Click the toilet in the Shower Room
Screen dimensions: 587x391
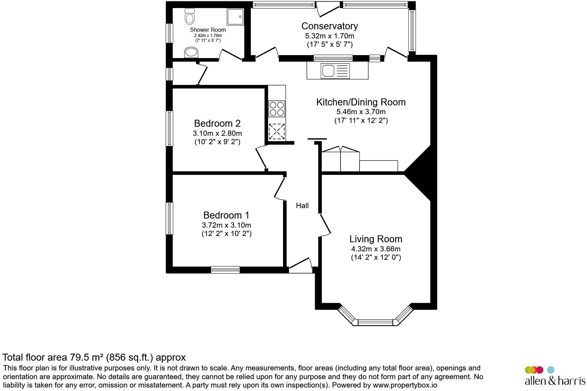point(190,16)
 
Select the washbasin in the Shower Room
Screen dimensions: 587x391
point(191,52)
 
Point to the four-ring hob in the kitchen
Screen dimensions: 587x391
point(277,108)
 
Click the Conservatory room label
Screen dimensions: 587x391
point(329,26)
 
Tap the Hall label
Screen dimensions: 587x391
point(302,206)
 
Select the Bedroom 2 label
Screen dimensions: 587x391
point(217,123)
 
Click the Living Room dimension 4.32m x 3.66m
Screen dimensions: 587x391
point(376,249)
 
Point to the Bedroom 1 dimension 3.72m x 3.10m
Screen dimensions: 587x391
point(226,225)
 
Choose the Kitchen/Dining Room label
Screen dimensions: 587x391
point(361,102)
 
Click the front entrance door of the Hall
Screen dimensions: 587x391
point(300,266)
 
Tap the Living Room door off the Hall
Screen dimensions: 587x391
point(325,225)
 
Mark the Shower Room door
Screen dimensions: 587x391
point(231,55)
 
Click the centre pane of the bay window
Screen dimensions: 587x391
point(376,322)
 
